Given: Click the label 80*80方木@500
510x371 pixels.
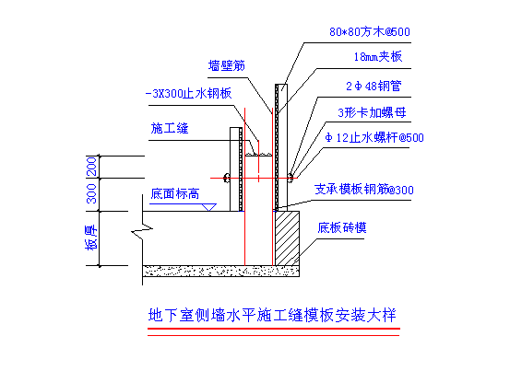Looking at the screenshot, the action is tap(370, 32).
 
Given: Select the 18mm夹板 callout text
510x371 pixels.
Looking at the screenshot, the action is tap(378, 57).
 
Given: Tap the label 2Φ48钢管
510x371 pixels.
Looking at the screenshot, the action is tap(374, 86).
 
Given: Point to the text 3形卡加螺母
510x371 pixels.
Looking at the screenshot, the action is tap(372, 112).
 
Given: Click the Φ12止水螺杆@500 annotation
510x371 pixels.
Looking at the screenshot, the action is tap(374, 137).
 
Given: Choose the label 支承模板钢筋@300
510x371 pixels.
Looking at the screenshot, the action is tap(363, 190).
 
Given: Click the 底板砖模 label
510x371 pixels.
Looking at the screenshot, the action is tap(342, 227).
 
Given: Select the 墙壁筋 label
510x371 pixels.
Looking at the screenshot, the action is tap(226, 65).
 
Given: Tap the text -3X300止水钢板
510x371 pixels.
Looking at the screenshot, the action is tap(188, 94).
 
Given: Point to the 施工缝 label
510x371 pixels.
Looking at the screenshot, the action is tap(170, 128).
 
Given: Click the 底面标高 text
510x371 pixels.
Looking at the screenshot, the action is tap(175, 193).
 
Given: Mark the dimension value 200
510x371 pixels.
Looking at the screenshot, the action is tap(91, 167).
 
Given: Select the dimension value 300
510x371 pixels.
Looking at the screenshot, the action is tap(91, 193).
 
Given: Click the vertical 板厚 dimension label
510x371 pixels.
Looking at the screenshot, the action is tap(91, 238).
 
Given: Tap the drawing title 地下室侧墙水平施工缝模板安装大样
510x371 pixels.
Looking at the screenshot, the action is tap(272, 315).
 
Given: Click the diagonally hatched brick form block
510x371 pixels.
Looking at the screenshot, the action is tap(287, 238).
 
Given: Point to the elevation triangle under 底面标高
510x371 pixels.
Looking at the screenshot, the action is tap(208, 207).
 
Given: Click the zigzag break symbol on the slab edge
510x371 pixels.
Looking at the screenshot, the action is tap(142, 231).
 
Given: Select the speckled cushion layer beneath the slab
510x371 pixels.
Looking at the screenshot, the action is tap(220, 272).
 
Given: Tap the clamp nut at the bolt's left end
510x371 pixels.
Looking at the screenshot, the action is tap(227, 178).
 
